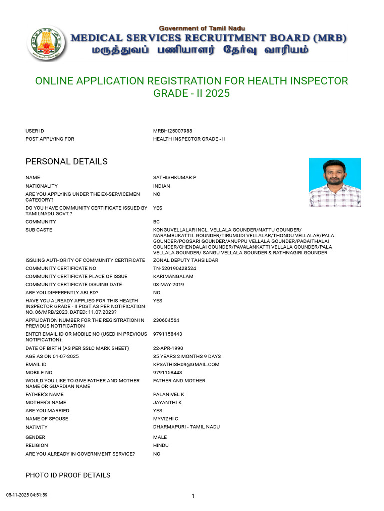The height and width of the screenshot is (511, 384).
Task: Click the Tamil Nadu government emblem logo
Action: [46, 43]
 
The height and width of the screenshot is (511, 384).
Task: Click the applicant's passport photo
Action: [335, 182]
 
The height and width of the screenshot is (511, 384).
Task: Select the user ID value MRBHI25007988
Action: [173, 131]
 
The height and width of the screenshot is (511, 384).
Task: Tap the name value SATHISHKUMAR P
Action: [171, 178]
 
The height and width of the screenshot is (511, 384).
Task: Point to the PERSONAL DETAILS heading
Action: [66, 162]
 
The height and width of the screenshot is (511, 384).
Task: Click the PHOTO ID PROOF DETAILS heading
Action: [68, 475]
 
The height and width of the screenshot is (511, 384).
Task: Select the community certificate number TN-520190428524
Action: [174, 268]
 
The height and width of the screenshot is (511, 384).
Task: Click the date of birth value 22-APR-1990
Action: [169, 348]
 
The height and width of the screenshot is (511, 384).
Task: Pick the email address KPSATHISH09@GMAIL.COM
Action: [186, 364]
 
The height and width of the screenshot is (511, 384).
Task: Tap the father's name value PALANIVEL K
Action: [169, 394]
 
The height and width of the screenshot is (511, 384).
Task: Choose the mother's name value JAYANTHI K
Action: [168, 402]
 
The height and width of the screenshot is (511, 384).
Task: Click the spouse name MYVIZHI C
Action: [166, 419]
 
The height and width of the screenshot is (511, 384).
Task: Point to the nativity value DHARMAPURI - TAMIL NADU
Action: [186, 427]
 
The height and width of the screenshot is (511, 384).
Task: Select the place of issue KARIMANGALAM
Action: [173, 276]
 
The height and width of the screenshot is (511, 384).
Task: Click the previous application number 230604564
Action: [166, 320]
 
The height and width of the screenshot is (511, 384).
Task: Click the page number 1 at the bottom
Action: [193, 496]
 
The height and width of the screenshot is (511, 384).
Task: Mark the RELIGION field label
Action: [37, 445]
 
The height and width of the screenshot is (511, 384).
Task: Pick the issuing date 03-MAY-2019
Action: [168, 284]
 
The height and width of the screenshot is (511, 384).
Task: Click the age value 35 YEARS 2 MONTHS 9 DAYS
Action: [187, 356]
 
